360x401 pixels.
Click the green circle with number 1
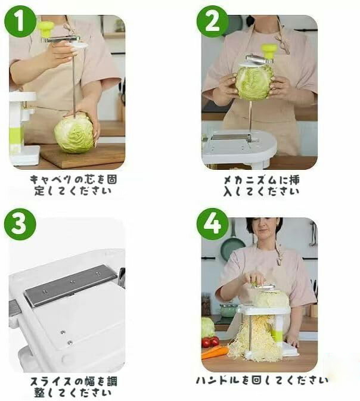click(20, 21)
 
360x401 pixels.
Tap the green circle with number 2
click(212, 21)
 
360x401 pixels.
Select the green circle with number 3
click(20, 224)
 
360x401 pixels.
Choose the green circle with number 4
click(212, 224)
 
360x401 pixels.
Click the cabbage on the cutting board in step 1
click(74, 133)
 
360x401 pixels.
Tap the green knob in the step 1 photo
click(46, 29)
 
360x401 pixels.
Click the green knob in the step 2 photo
click(269, 51)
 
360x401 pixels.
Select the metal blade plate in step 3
click(70, 285)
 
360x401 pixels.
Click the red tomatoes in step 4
click(210, 342)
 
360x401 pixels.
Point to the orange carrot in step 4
click(215, 353)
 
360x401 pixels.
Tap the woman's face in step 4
click(264, 229)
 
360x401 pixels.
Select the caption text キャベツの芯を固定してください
click(73, 185)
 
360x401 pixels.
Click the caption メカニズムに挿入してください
click(262, 185)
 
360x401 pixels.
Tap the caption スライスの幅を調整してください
click(73, 387)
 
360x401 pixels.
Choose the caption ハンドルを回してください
click(262, 380)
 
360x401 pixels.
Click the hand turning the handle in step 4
click(253, 278)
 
